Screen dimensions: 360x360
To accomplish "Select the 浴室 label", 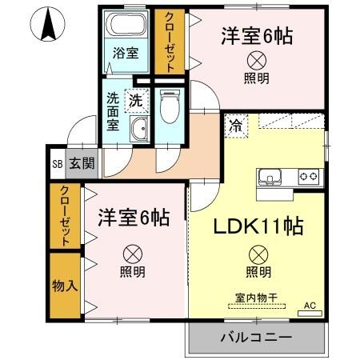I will point(124,55).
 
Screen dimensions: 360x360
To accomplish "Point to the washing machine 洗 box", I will point(137,101).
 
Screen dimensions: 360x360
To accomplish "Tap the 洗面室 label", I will point(114,112).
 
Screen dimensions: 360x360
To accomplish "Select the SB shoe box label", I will point(57,164).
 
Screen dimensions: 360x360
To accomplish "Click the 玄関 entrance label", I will point(81,164).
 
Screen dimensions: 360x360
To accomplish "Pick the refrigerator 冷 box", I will point(237,124).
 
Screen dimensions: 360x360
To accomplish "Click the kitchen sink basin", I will point(269,176).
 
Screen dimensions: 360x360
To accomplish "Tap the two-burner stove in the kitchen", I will point(308,176).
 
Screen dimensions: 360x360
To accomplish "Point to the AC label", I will point(310,306).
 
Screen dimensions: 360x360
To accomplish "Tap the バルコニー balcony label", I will point(256,338).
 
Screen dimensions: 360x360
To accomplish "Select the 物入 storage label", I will point(64,286).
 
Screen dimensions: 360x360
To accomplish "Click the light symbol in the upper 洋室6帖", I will point(257,59).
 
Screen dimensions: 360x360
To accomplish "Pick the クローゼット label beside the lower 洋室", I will point(64,216).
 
